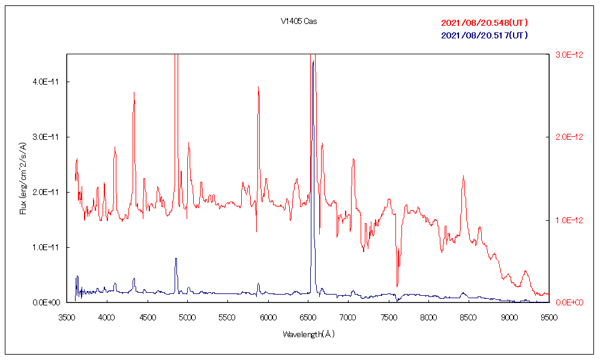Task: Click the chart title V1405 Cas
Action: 298,22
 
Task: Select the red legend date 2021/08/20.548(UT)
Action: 484,23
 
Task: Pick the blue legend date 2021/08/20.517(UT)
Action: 484,35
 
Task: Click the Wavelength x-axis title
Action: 308,334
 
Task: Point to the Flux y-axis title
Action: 23,179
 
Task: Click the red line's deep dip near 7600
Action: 397,286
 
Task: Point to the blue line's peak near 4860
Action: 176,259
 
